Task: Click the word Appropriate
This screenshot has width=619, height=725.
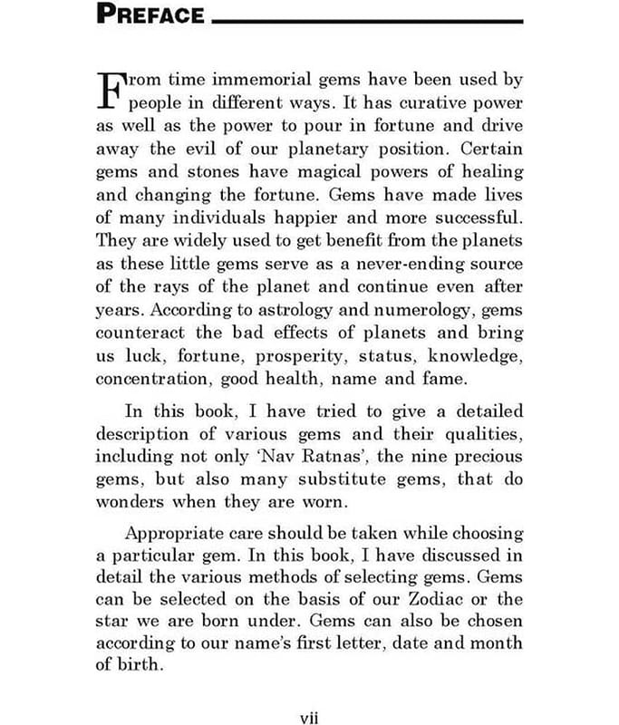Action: click(178, 533)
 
